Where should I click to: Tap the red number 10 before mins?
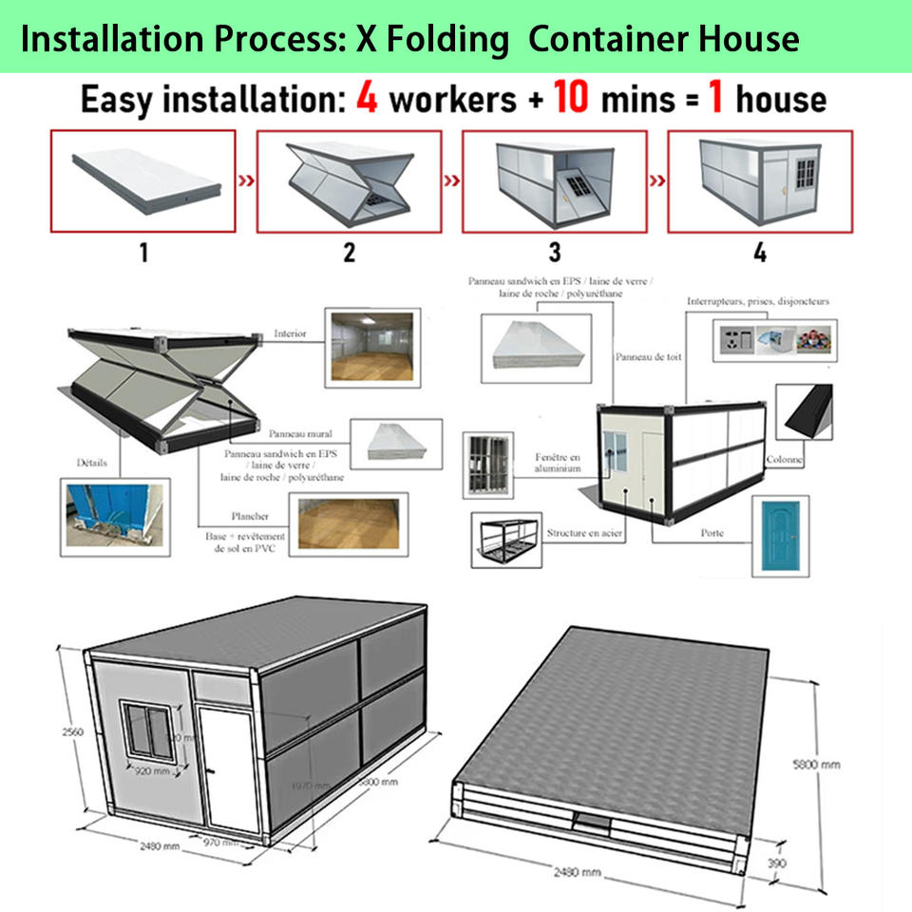[x=570, y=99]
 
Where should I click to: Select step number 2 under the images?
[x=350, y=253]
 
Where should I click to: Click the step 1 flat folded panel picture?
[x=146, y=180]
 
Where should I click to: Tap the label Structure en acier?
[x=584, y=534]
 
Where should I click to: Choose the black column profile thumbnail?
[x=805, y=411]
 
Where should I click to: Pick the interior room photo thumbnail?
[x=371, y=347]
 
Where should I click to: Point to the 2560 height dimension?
[x=64, y=731]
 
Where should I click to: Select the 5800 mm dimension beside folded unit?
[x=816, y=764]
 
